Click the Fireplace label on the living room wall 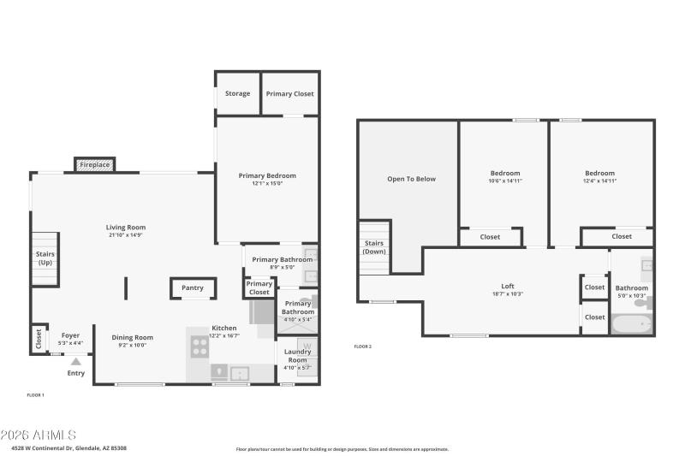[94, 164]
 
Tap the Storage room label [237, 93]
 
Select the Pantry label [193, 288]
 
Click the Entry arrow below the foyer [76, 362]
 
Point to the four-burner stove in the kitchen [199, 346]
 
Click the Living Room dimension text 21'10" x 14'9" [126, 235]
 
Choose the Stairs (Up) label [45, 258]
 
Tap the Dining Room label [133, 337]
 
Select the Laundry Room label [297, 355]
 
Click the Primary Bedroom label [266, 175]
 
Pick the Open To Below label [411, 179]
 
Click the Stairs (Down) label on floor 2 [373, 247]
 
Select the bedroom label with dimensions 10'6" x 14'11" [504, 174]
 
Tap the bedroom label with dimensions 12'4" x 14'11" [599, 174]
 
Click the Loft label [508, 286]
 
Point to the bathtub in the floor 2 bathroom [632, 324]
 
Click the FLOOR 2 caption [362, 346]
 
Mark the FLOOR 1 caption [35, 394]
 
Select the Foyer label [70, 336]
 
